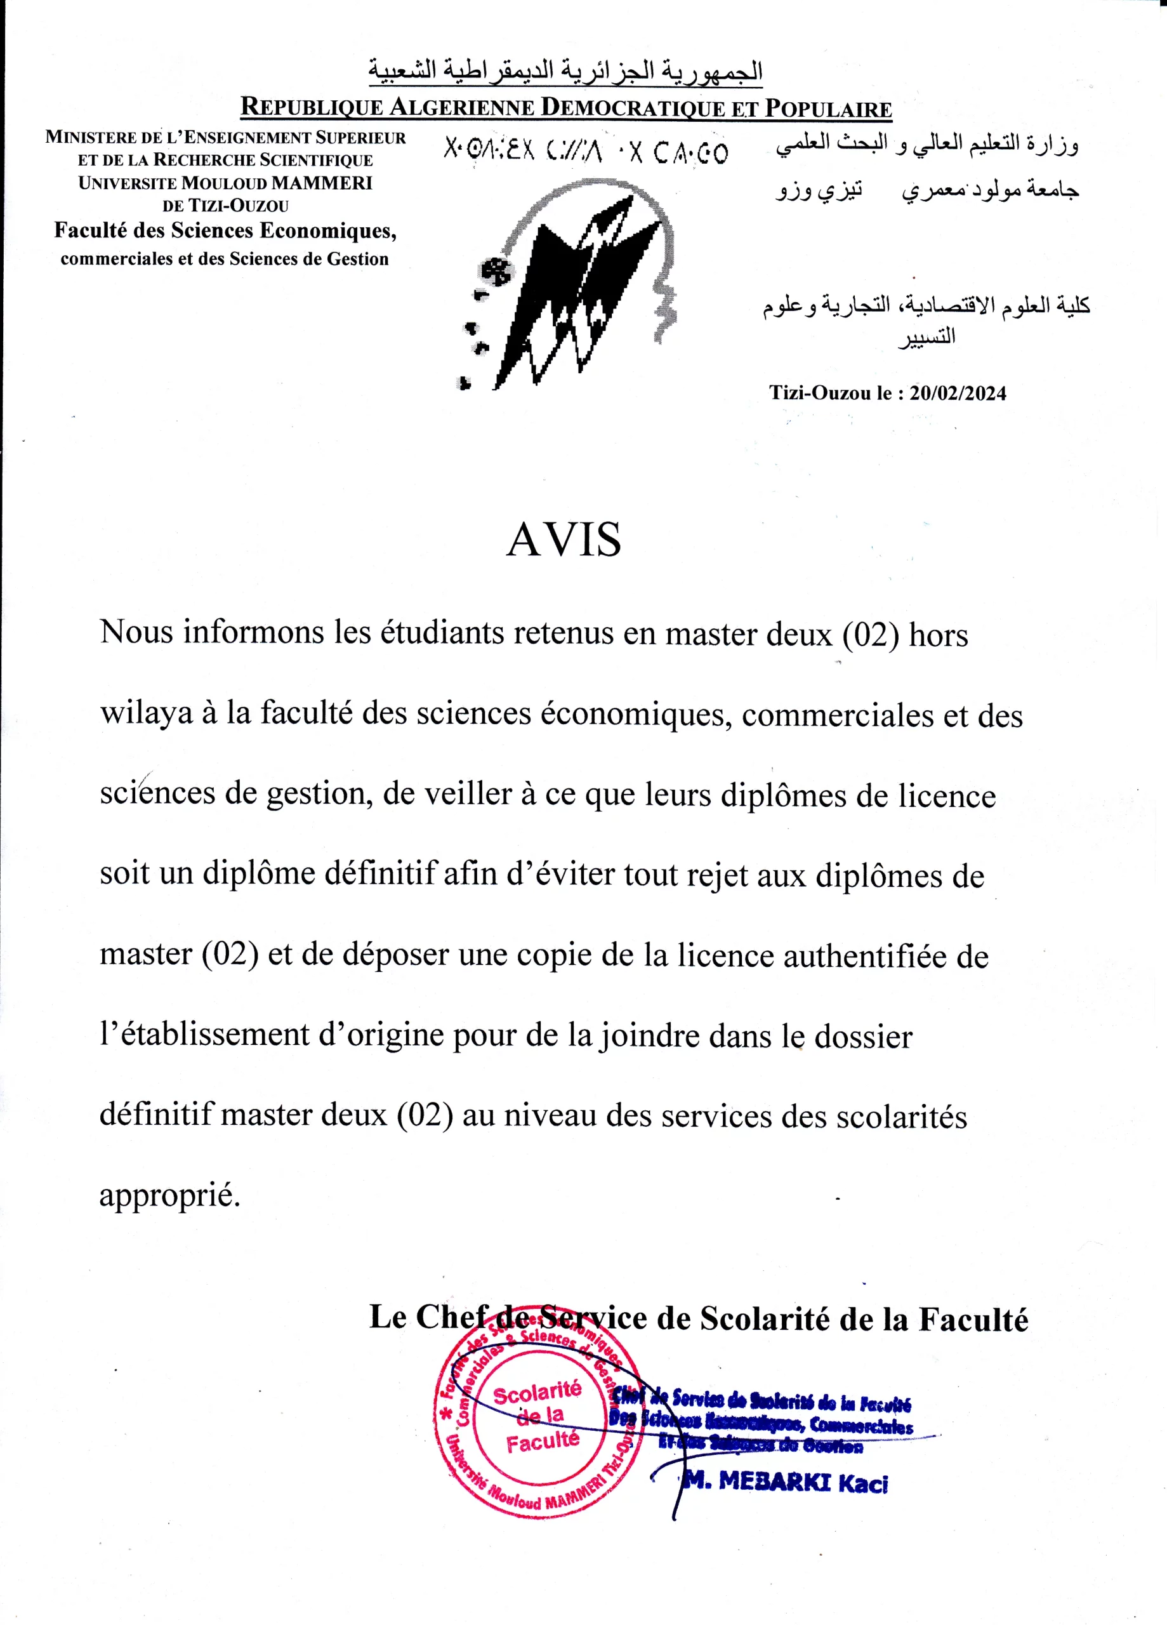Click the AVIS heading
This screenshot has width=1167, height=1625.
(x=563, y=541)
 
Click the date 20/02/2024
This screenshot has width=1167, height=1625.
(x=958, y=394)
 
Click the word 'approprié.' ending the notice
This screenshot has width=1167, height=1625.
(x=170, y=1195)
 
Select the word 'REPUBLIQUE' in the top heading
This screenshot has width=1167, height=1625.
(x=311, y=107)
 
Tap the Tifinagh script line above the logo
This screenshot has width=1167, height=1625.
(x=585, y=152)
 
